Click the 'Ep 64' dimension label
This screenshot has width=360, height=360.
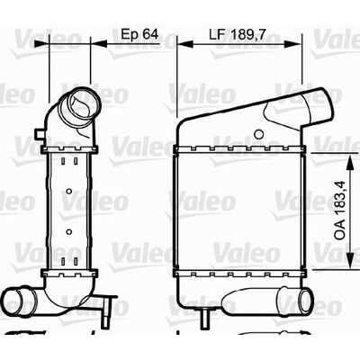coord(139,34)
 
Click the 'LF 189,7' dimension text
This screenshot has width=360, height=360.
coord(237,35)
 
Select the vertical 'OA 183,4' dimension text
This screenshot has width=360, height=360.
coord(340,211)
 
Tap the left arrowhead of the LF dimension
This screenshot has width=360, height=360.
coord(184,43)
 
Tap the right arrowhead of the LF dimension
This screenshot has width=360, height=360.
coord(292,43)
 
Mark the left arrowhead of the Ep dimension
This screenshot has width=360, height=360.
coord(41,43)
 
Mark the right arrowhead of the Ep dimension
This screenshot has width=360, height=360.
coord(98,43)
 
